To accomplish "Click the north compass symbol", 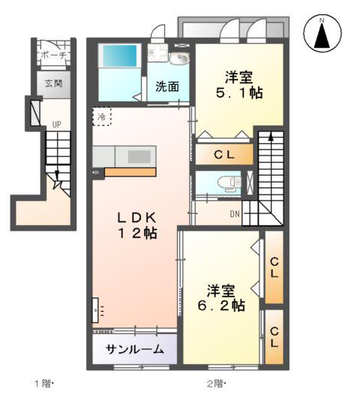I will tap(322, 34).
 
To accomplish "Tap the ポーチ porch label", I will tap(53, 56).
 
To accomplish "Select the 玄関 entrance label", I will tap(53, 83).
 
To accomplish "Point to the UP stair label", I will tap(55, 124).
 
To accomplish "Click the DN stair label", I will tap(235, 213).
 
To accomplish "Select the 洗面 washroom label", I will tap(167, 86).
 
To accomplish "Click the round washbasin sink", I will tap(180, 60).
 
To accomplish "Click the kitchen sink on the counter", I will tap(139, 156).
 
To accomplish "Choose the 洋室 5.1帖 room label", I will tap(240, 86).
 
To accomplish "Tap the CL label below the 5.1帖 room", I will tap(225, 155).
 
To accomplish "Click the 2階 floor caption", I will tap(217, 384).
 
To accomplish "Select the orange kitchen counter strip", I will tap(130, 173).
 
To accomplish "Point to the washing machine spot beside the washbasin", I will tap(158, 54).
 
